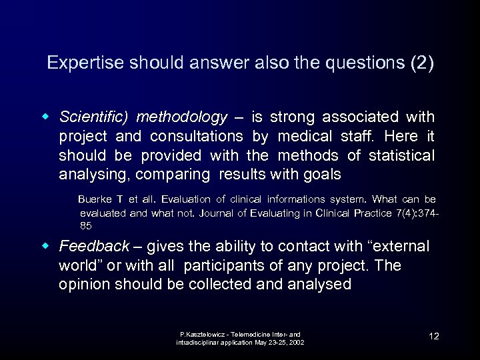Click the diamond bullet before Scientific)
click(x=48, y=117)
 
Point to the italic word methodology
click(x=181, y=117)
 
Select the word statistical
click(x=397, y=156)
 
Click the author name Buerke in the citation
click(x=96, y=199)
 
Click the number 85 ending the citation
click(x=86, y=226)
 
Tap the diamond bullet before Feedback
click(x=48, y=247)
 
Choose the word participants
click(x=227, y=265)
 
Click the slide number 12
click(x=433, y=336)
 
